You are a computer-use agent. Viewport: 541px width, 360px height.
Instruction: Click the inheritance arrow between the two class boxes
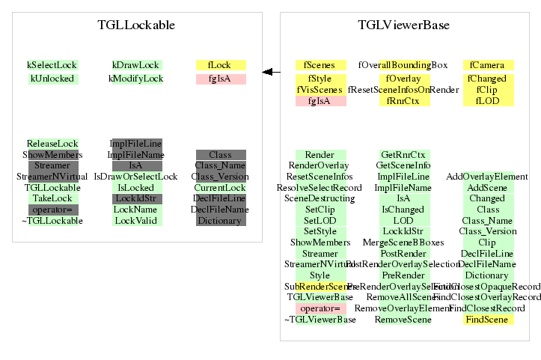[271, 72]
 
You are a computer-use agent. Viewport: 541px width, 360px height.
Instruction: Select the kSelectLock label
[52, 65]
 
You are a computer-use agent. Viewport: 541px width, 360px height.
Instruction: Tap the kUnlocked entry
[52, 79]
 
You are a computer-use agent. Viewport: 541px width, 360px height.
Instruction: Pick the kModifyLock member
[136, 79]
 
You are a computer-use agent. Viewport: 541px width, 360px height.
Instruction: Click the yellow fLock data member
[220, 65]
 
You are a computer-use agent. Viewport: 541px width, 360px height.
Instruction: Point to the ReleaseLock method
[52, 143]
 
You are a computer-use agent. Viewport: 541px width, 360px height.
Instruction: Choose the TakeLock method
[52, 198]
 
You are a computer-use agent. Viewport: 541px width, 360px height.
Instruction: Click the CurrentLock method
[220, 187]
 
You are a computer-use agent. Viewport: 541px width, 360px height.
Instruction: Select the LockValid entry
[136, 221]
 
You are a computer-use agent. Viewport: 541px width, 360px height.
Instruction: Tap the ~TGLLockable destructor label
[52, 221]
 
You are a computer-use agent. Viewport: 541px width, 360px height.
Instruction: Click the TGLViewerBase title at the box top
[403, 25]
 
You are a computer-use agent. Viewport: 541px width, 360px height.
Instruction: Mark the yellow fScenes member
[320, 65]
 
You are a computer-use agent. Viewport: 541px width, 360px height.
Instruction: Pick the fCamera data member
[488, 65]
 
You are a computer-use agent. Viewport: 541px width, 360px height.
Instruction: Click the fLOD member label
[488, 101]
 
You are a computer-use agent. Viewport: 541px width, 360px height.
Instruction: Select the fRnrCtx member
[404, 101]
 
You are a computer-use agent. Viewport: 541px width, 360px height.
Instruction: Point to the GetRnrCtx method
[404, 154]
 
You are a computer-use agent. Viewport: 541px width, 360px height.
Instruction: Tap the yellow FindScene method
[488, 320]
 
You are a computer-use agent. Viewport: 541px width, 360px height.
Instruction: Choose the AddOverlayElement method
[488, 177]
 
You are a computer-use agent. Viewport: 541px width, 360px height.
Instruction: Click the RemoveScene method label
[404, 320]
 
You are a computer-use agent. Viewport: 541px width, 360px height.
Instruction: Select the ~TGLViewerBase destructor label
[320, 320]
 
